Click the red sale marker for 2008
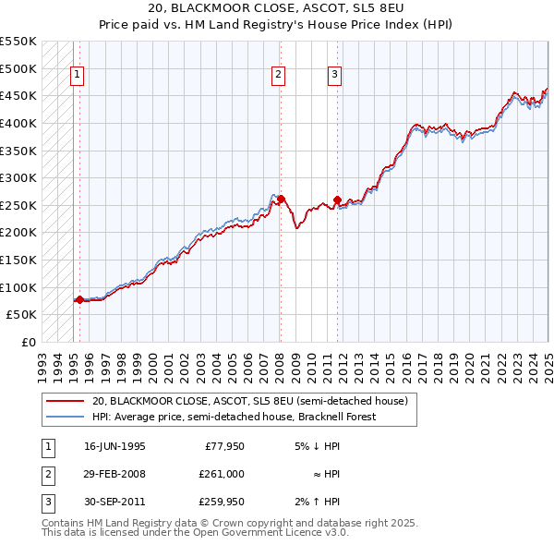(x=281, y=199)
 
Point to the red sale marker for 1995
(x=79, y=299)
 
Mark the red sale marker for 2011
(x=337, y=200)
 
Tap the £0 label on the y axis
(x=27, y=342)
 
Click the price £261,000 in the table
(x=222, y=473)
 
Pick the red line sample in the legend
(x=66, y=402)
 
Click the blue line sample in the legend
(x=66, y=417)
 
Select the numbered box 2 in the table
(x=47, y=473)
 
